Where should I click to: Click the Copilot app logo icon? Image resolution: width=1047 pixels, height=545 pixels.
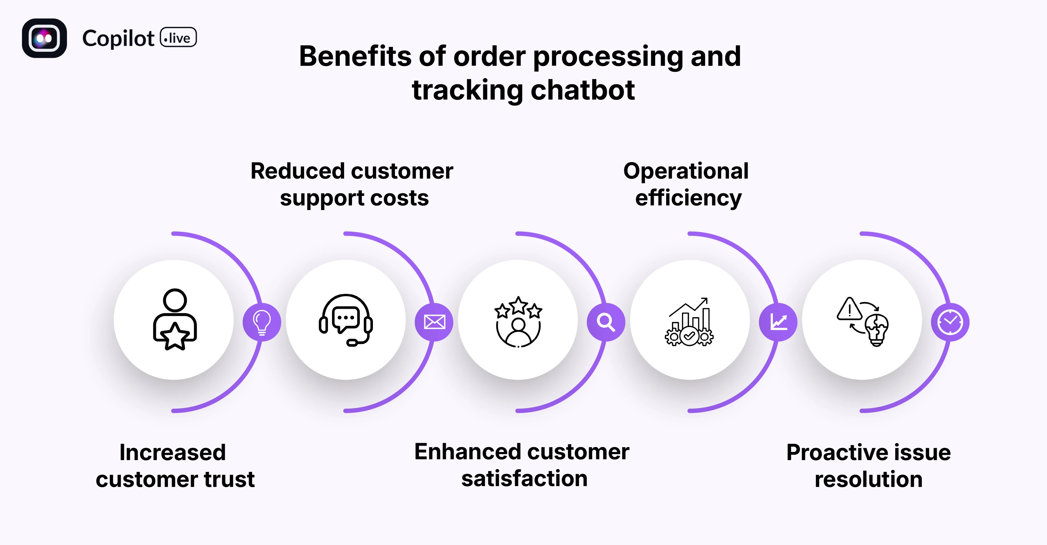click(x=44, y=38)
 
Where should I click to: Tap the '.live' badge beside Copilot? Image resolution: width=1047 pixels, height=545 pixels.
click(x=178, y=38)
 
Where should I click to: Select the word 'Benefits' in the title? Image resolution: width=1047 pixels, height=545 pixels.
click(x=355, y=56)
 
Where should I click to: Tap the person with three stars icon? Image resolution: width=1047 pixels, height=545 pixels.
click(x=518, y=321)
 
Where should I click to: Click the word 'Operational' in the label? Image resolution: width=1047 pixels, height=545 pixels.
click(x=686, y=171)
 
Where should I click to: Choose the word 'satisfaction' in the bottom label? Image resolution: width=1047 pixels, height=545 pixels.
click(x=524, y=478)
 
